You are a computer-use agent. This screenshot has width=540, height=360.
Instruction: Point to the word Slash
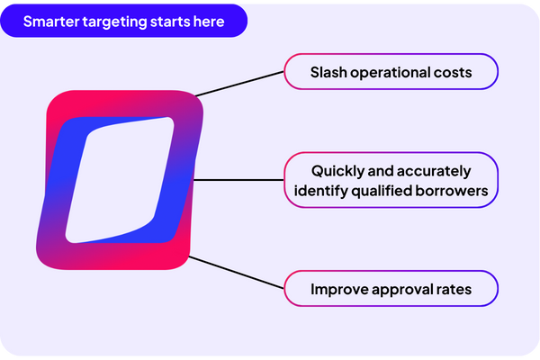tap(328, 73)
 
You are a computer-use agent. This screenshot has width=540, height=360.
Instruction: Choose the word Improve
tap(338, 290)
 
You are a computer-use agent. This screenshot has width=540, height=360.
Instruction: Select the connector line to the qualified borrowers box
tap(238, 180)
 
